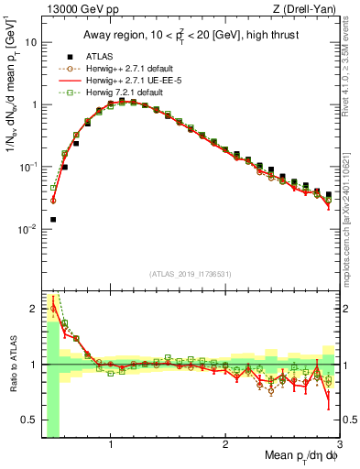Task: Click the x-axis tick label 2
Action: (x=225, y=446)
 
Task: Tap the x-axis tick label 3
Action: (x=339, y=446)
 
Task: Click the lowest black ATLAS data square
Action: (x=53, y=220)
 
